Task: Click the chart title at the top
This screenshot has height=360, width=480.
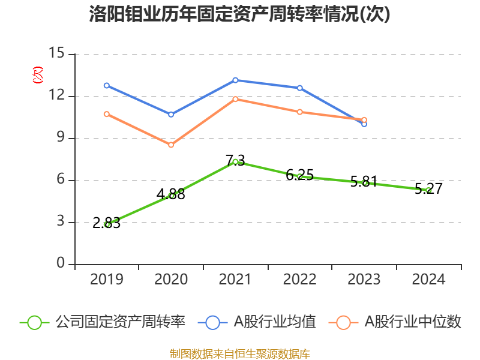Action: click(240, 14)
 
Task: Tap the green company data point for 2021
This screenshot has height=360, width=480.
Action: click(235, 161)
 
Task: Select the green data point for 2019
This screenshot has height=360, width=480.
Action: click(107, 224)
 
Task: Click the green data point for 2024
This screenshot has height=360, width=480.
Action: click(428, 190)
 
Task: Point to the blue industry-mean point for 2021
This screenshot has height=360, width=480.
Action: click(235, 80)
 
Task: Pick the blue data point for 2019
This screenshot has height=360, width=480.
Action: click(107, 85)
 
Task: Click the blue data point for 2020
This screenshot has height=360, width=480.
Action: click(171, 114)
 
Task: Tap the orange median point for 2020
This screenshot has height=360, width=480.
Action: click(171, 145)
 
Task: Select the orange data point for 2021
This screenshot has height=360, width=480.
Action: click(235, 99)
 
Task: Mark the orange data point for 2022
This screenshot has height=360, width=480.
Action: click(299, 112)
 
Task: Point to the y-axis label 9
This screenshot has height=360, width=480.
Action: click(61, 138)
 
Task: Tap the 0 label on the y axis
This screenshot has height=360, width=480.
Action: click(61, 264)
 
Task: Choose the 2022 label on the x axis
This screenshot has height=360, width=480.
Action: click(299, 280)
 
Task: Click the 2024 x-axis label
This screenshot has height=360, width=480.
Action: click(428, 280)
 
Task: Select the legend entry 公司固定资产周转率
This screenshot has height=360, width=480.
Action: click(103, 322)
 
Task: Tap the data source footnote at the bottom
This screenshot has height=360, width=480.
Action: click(240, 353)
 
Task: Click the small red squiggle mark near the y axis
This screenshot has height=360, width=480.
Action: click(38, 75)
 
